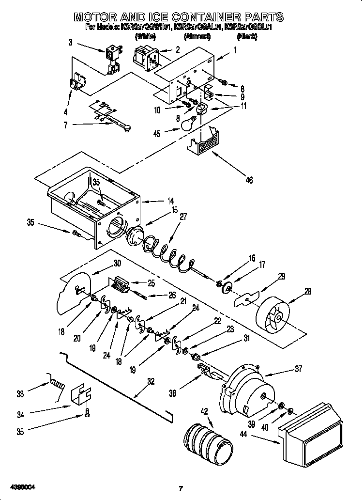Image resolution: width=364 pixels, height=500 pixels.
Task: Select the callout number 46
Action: tap(249, 180)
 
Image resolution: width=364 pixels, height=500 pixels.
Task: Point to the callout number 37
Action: tap(298, 369)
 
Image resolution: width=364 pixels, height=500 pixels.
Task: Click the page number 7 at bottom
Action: tap(181, 488)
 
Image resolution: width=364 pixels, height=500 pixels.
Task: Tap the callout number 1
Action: tap(235, 49)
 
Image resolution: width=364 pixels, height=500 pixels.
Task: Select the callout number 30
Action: tap(117, 264)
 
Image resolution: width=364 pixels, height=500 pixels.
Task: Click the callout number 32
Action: tap(151, 381)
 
